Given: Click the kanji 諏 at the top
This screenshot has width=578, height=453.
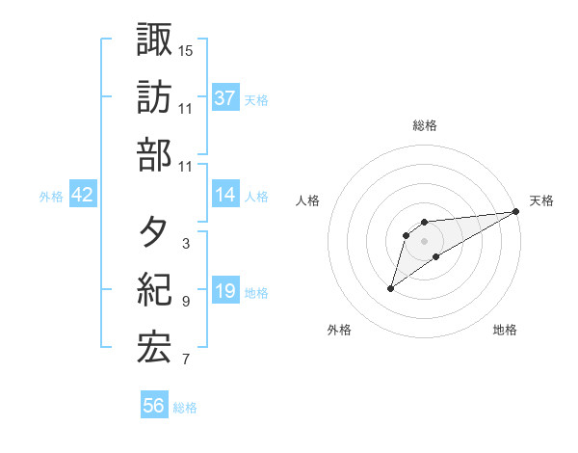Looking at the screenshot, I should click(x=154, y=40).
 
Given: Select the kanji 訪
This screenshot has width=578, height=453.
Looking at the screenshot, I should click(x=154, y=97).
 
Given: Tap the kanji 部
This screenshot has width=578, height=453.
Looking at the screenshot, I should click(x=154, y=155).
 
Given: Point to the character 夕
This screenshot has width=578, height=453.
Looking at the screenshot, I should click(x=154, y=232).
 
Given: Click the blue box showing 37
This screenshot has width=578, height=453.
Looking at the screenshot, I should click(x=225, y=97).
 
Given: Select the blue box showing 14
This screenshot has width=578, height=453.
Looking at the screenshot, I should click(x=225, y=195).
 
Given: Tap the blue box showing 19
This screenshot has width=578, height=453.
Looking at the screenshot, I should click(x=225, y=291).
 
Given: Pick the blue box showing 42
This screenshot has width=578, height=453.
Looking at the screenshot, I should click(x=83, y=195).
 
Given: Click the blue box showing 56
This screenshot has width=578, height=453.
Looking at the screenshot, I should click(x=154, y=406).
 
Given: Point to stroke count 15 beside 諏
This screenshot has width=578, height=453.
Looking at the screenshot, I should click(x=187, y=50).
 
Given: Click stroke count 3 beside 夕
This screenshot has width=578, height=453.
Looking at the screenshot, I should click(x=185, y=244).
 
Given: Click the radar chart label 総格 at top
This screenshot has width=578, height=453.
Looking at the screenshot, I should click(x=425, y=125).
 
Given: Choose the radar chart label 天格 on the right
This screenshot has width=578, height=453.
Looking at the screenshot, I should click(x=541, y=200).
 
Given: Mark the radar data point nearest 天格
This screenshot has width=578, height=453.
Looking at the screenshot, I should click(x=517, y=212).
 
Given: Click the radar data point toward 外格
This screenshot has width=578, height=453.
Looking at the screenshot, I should click(x=390, y=288).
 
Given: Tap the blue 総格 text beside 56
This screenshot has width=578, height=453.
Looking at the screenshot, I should click(x=185, y=408).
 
